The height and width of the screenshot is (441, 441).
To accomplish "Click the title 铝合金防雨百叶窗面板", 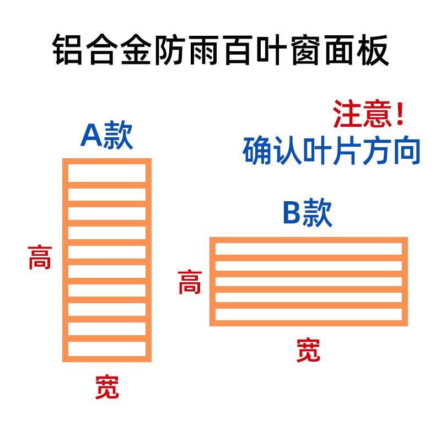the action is tap(220, 51).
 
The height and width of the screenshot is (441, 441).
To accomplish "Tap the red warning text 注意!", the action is tap(368, 115).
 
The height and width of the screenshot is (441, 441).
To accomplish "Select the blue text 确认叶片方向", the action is tap(331, 150).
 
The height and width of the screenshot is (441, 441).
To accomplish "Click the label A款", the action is tap(107, 136).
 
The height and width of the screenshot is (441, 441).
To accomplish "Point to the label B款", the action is tap(308, 213).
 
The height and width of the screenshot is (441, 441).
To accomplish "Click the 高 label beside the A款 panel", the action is tap(40, 257).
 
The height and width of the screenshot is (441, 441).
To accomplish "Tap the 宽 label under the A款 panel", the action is tap(107, 387).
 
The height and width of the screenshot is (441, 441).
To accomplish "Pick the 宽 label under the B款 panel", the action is tap(308, 350).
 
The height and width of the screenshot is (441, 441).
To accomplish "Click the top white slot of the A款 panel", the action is tap(107, 173).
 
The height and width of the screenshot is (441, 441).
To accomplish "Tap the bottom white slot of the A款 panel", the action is tap(107, 348).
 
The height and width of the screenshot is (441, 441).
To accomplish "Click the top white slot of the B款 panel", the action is tap(308, 249).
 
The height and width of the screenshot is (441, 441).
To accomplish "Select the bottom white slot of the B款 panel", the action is tap(308, 314).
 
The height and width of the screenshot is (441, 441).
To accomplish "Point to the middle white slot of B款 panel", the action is tap(308, 282).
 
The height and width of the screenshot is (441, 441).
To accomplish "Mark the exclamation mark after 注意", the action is tap(400, 115).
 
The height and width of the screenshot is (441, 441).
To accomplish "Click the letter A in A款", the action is tap(91, 136).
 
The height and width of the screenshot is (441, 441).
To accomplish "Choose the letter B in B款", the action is tap(292, 213).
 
